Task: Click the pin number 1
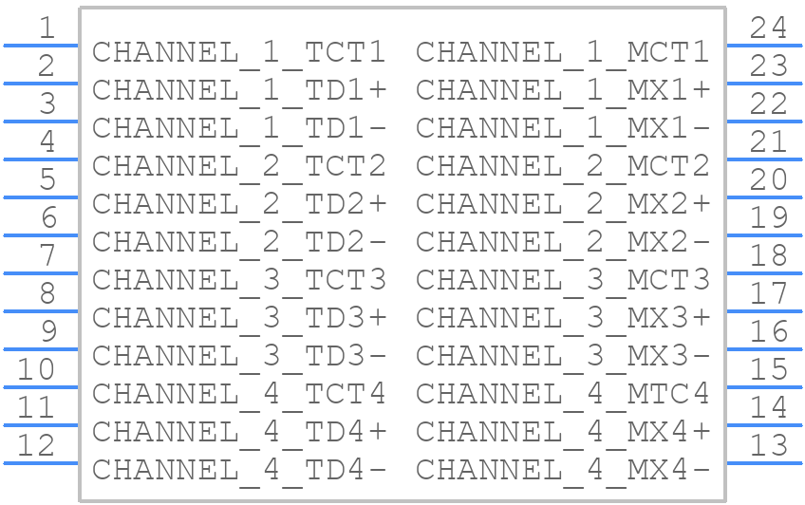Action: [47, 28]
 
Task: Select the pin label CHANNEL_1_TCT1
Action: [238, 53]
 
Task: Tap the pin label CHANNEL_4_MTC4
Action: [563, 395]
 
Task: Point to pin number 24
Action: [768, 28]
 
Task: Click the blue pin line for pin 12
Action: [41, 463]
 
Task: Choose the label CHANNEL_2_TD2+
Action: [239, 205]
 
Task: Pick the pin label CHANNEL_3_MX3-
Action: [563, 357]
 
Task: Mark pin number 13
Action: [768, 445]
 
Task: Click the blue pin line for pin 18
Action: [764, 273]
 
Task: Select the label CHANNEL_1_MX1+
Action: [563, 91]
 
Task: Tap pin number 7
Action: [47, 255]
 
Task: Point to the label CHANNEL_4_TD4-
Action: [239, 471]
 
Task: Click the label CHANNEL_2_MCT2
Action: [563, 167]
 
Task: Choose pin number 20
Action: [768, 179]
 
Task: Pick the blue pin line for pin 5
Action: [41, 197]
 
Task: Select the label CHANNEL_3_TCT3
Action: [238, 281]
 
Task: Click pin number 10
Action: [36, 369]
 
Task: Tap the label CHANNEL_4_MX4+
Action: [563, 433]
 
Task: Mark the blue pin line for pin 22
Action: [764, 122]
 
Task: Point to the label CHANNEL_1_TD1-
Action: [239, 129]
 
